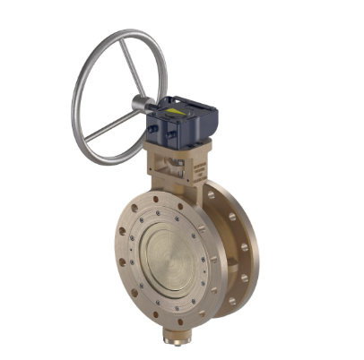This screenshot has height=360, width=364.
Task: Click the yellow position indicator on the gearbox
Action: tap(184, 113)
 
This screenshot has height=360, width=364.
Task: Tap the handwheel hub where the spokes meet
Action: tap(141, 104)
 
